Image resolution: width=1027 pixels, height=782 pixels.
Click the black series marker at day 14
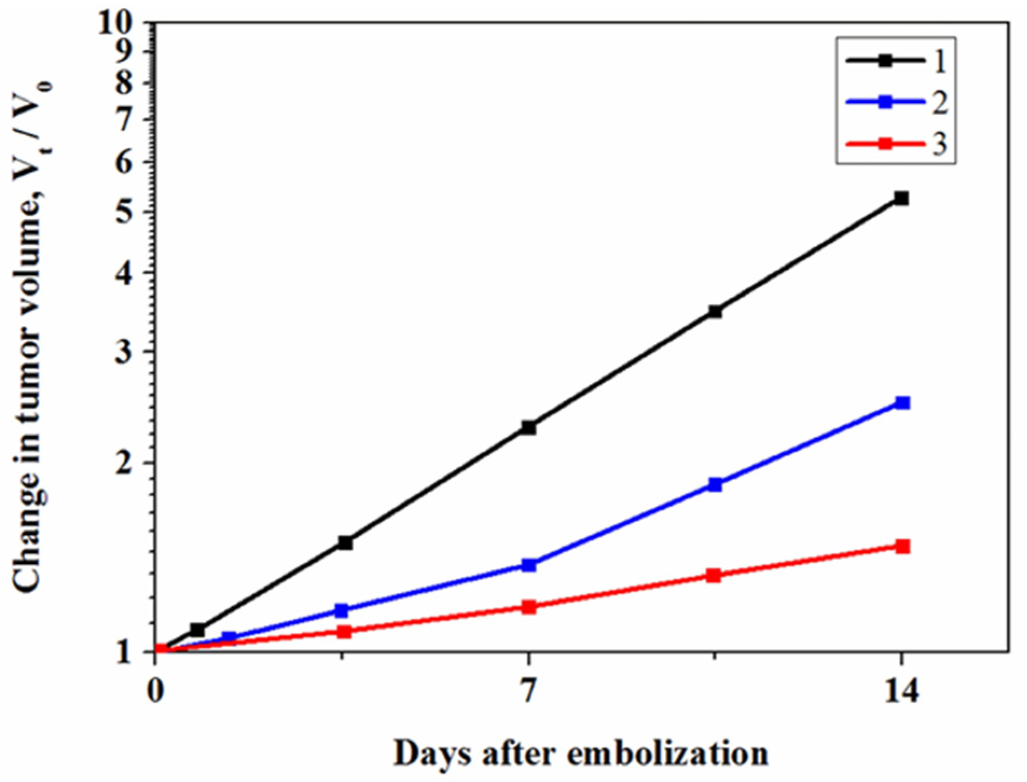[x=901, y=199]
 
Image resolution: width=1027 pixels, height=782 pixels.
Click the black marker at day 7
[x=529, y=428]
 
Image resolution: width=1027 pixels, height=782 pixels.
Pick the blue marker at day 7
[x=529, y=565]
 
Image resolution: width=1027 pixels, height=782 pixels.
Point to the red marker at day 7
[x=529, y=607]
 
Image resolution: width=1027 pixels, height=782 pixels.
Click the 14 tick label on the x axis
[x=901, y=692]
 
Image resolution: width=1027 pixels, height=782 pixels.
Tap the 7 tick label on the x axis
[x=529, y=692]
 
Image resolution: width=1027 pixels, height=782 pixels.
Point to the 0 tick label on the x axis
[x=155, y=692]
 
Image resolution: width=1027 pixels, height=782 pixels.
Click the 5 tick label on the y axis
[x=124, y=212]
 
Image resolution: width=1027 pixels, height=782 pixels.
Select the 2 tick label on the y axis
[x=124, y=463]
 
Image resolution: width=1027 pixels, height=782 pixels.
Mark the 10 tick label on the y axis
[x=116, y=24]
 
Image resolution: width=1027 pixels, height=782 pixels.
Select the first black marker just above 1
[x=197, y=629]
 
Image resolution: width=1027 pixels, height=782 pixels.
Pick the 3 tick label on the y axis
[x=124, y=351]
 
